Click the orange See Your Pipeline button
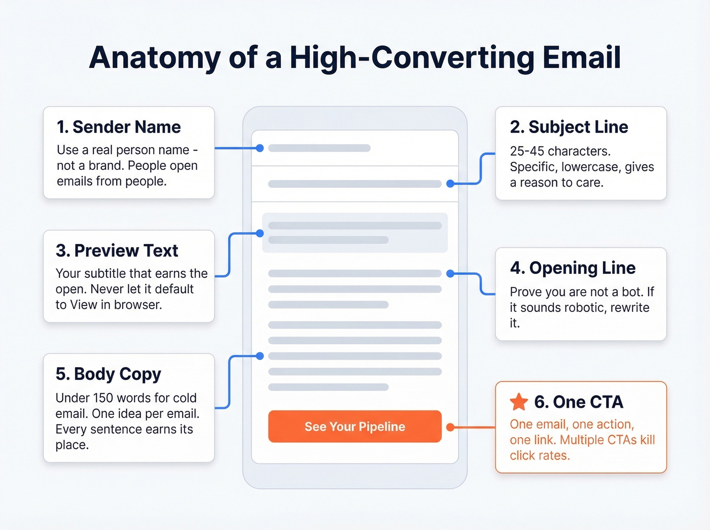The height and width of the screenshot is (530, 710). [354, 427]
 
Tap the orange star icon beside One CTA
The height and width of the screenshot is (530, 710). [519, 402]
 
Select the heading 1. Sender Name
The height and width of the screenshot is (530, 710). [119, 127]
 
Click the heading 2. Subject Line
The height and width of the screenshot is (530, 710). [569, 127]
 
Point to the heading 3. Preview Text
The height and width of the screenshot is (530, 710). [117, 251]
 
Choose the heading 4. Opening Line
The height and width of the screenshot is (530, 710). [573, 268]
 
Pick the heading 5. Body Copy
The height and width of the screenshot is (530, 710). [109, 374]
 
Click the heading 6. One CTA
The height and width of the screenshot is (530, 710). [579, 402]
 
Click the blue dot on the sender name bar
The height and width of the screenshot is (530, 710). [260, 148]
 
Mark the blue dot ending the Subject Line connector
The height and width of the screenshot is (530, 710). [450, 184]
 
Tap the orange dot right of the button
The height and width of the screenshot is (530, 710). [450, 427]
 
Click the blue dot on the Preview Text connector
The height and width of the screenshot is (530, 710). [260, 233]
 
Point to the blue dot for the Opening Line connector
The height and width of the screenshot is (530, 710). [450, 273]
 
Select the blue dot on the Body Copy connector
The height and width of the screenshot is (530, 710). [260, 356]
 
